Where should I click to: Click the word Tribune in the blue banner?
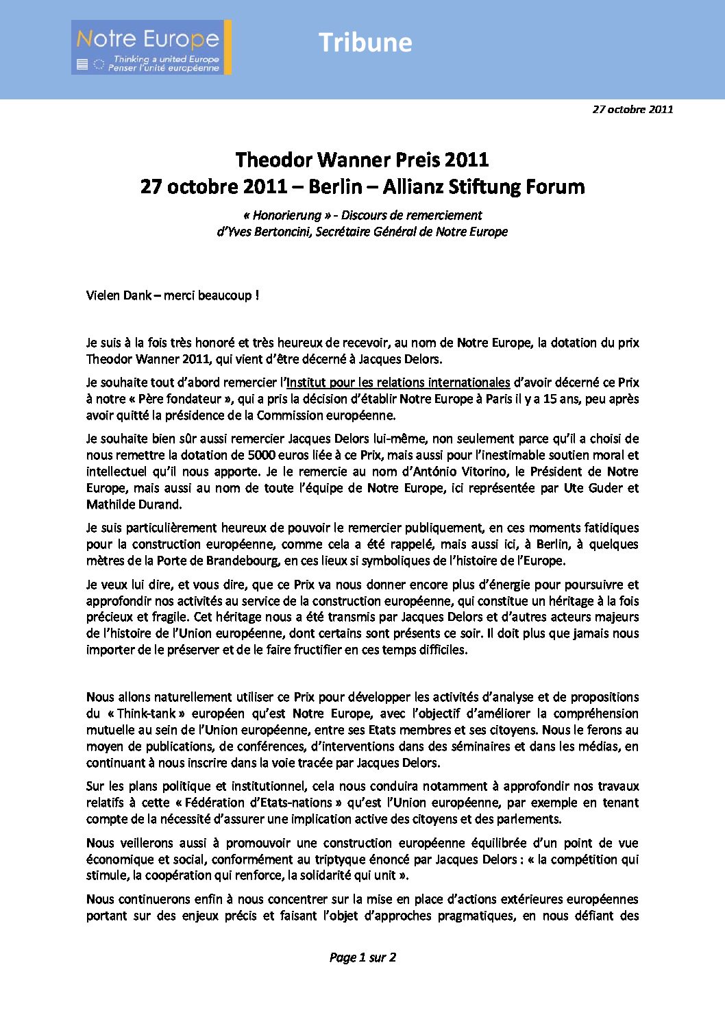[365, 42]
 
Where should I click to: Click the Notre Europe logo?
[149, 47]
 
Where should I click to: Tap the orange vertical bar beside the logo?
[228, 47]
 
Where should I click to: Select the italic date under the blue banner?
[632, 109]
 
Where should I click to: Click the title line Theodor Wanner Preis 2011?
[362, 160]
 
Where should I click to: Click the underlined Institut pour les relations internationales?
[398, 382]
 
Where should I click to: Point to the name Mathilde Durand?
[133, 504]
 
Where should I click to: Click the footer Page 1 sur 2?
[362, 957]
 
